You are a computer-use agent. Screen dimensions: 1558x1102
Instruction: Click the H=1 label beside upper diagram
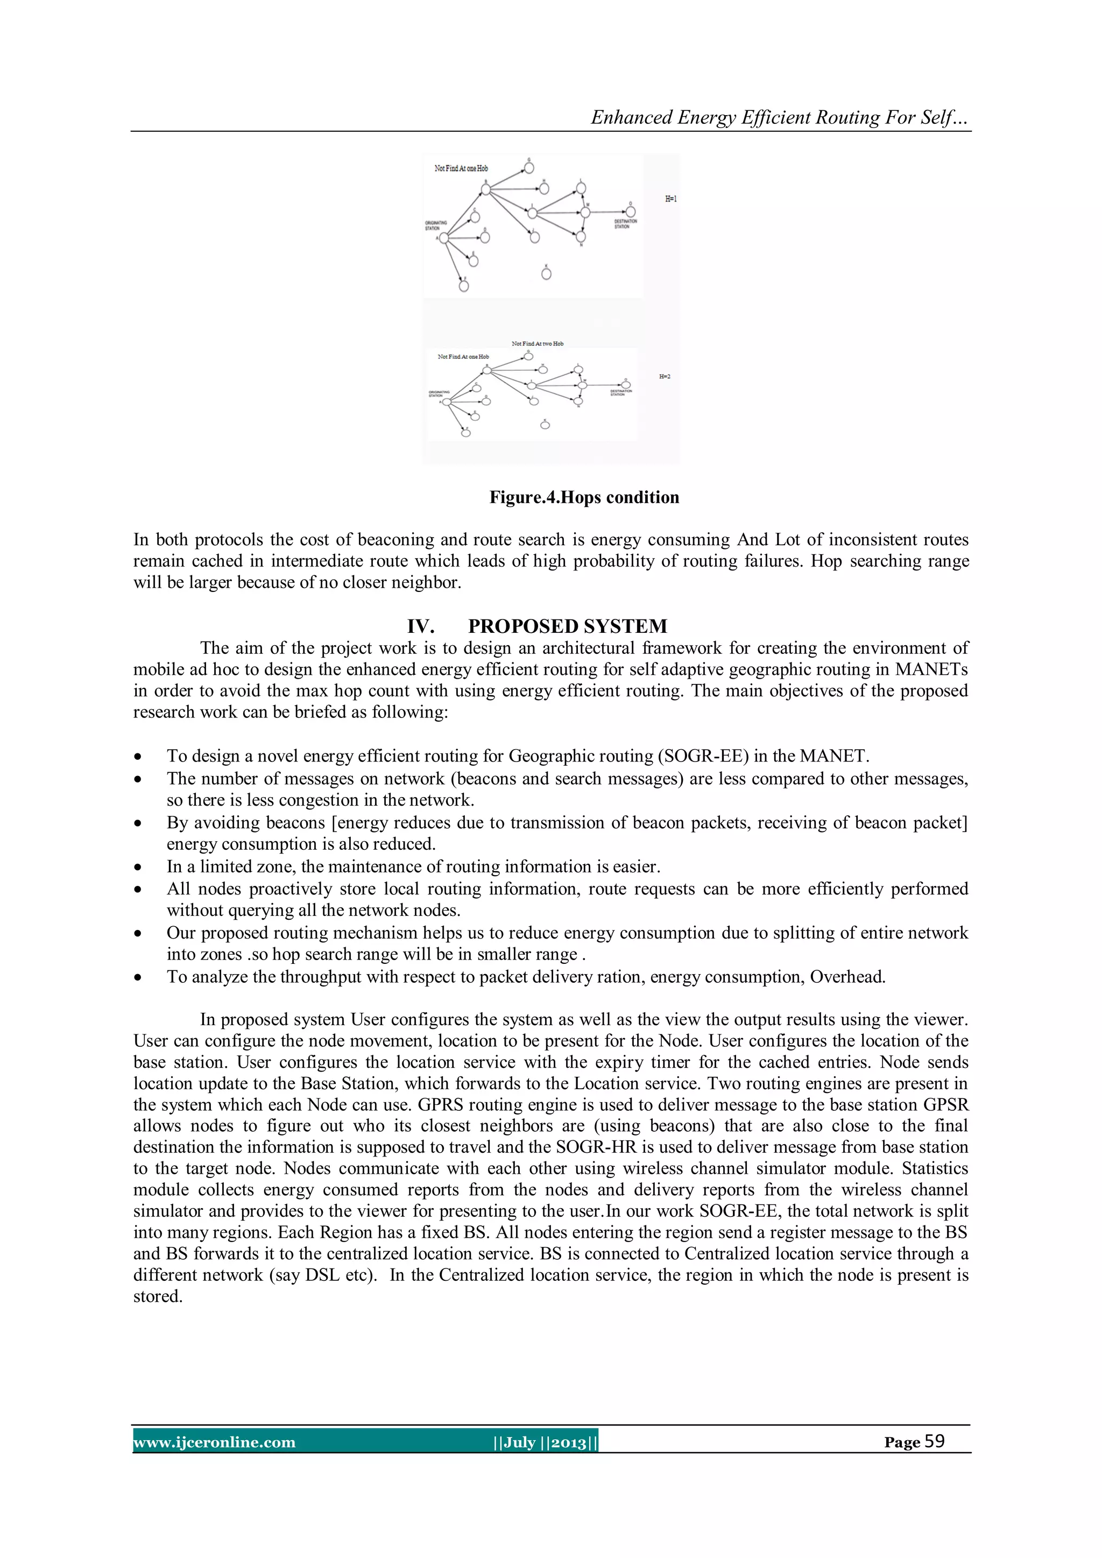click(670, 199)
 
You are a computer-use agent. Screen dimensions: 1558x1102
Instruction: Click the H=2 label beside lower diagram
click(665, 377)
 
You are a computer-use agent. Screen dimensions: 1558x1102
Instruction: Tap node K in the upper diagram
click(546, 274)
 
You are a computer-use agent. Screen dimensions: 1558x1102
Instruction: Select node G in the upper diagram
click(529, 167)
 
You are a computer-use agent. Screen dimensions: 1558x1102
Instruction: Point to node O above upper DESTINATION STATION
click(631, 212)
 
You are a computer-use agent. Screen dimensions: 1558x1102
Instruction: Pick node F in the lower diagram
click(465, 432)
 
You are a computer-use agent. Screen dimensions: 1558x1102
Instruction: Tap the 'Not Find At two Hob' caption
click(538, 343)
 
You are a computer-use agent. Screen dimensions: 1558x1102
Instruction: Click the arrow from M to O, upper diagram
click(607, 213)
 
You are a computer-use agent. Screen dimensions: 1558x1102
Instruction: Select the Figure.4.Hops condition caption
click(584, 497)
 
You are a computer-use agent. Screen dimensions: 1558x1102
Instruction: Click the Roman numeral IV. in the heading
click(420, 626)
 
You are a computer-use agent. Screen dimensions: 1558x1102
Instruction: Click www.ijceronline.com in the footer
click(215, 1442)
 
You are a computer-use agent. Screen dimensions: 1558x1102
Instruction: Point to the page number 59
click(935, 1441)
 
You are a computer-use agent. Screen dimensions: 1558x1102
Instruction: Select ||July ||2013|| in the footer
click(546, 1442)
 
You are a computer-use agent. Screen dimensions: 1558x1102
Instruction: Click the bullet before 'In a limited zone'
click(138, 867)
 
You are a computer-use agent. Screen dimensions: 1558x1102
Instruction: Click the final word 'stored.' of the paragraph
click(158, 1297)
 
